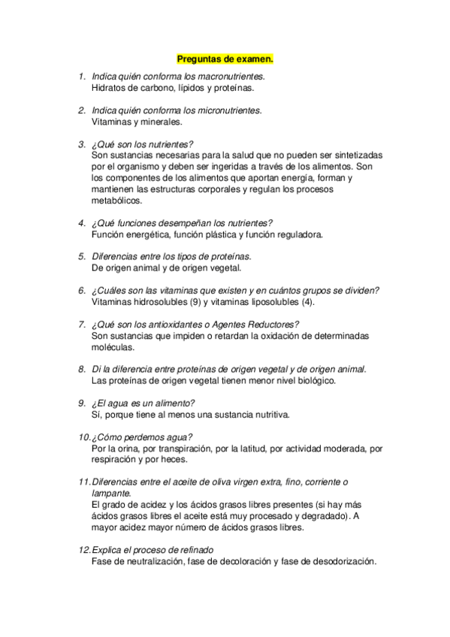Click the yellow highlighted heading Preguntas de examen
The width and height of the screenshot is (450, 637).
[x=225, y=57]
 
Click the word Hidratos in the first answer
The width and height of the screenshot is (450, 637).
[x=107, y=88]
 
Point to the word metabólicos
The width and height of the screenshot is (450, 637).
[x=115, y=201]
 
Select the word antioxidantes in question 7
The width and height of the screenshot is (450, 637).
[x=176, y=325]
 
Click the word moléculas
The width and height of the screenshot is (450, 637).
[x=113, y=347]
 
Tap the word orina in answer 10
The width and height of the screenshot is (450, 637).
[x=123, y=448]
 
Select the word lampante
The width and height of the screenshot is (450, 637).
[x=110, y=494]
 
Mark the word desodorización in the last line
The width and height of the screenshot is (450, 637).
[x=340, y=561]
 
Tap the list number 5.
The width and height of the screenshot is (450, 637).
[x=81, y=257]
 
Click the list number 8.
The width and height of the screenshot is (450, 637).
[x=81, y=370]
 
